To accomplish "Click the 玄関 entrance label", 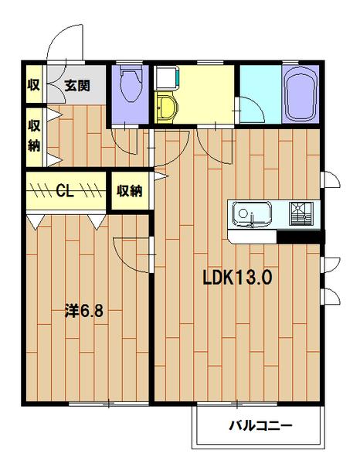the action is click(x=77, y=86).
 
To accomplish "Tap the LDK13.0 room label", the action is click(x=237, y=278).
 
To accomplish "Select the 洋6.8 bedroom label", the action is click(x=84, y=311).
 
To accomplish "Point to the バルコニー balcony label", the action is click(x=261, y=426).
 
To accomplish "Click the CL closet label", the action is click(x=65, y=191).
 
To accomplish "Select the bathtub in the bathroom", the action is click(x=301, y=94).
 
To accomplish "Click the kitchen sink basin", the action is click(x=252, y=214).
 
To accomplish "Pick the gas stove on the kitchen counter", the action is click(x=301, y=214).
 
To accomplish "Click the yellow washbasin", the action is click(x=165, y=107).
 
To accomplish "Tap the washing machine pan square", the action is click(x=166, y=77).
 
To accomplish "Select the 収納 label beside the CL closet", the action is click(x=130, y=191).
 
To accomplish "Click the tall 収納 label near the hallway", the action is click(x=34, y=135).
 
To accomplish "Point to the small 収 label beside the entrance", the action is click(x=34, y=84).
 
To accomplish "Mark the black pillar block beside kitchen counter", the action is click(x=301, y=237).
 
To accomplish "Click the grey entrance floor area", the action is click(x=76, y=85).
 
